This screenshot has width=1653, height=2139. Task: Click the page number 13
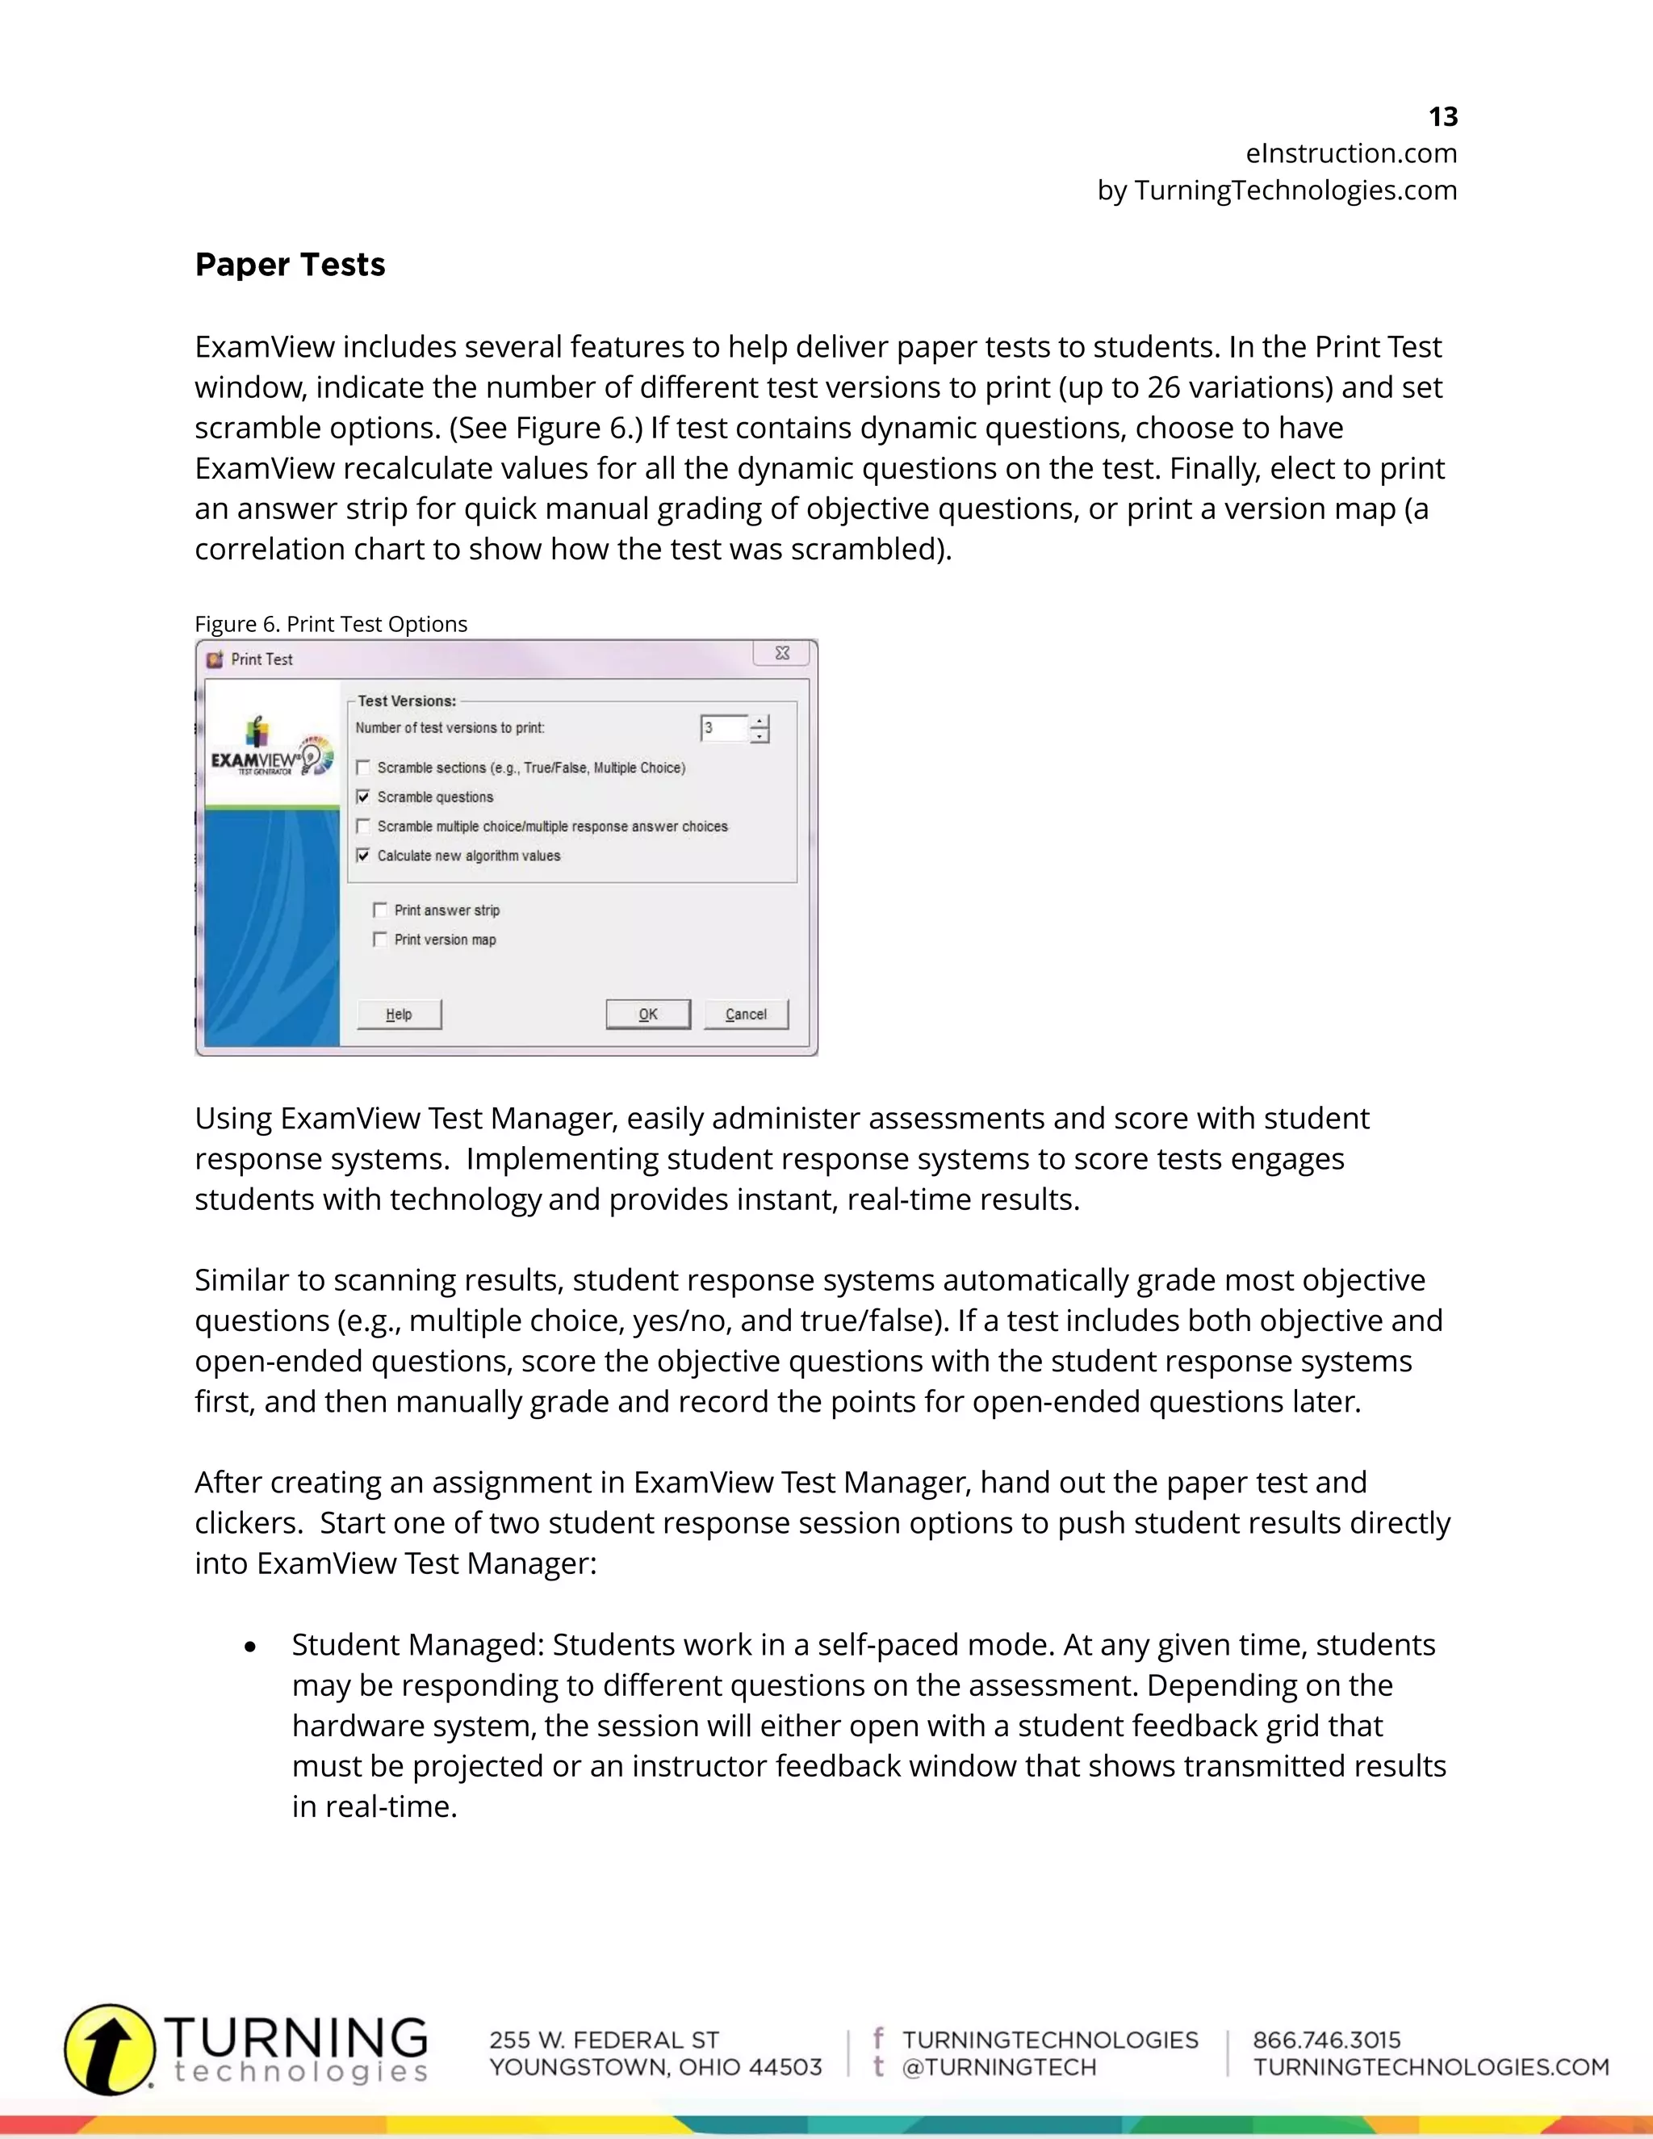(1442, 116)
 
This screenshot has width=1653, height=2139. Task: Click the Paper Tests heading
(290, 265)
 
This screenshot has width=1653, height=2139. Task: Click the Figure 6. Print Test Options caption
(331, 624)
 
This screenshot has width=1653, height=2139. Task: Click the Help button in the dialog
(400, 1014)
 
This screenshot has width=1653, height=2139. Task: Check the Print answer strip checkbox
(380, 910)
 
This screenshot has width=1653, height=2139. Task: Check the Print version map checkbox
(380, 940)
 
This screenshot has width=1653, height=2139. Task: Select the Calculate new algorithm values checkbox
(363, 856)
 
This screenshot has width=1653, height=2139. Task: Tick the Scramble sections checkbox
(363, 768)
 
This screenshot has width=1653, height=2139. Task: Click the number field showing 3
(722, 728)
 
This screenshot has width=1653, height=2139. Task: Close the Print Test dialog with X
(782, 653)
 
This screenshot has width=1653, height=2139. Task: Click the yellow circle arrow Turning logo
(109, 2049)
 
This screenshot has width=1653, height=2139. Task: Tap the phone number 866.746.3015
(1327, 2040)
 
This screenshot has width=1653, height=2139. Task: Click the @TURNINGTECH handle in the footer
(999, 2067)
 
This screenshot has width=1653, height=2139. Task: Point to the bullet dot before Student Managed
(251, 1647)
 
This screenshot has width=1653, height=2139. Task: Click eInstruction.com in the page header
(1350, 153)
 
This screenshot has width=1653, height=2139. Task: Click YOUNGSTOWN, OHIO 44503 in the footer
(655, 2067)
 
